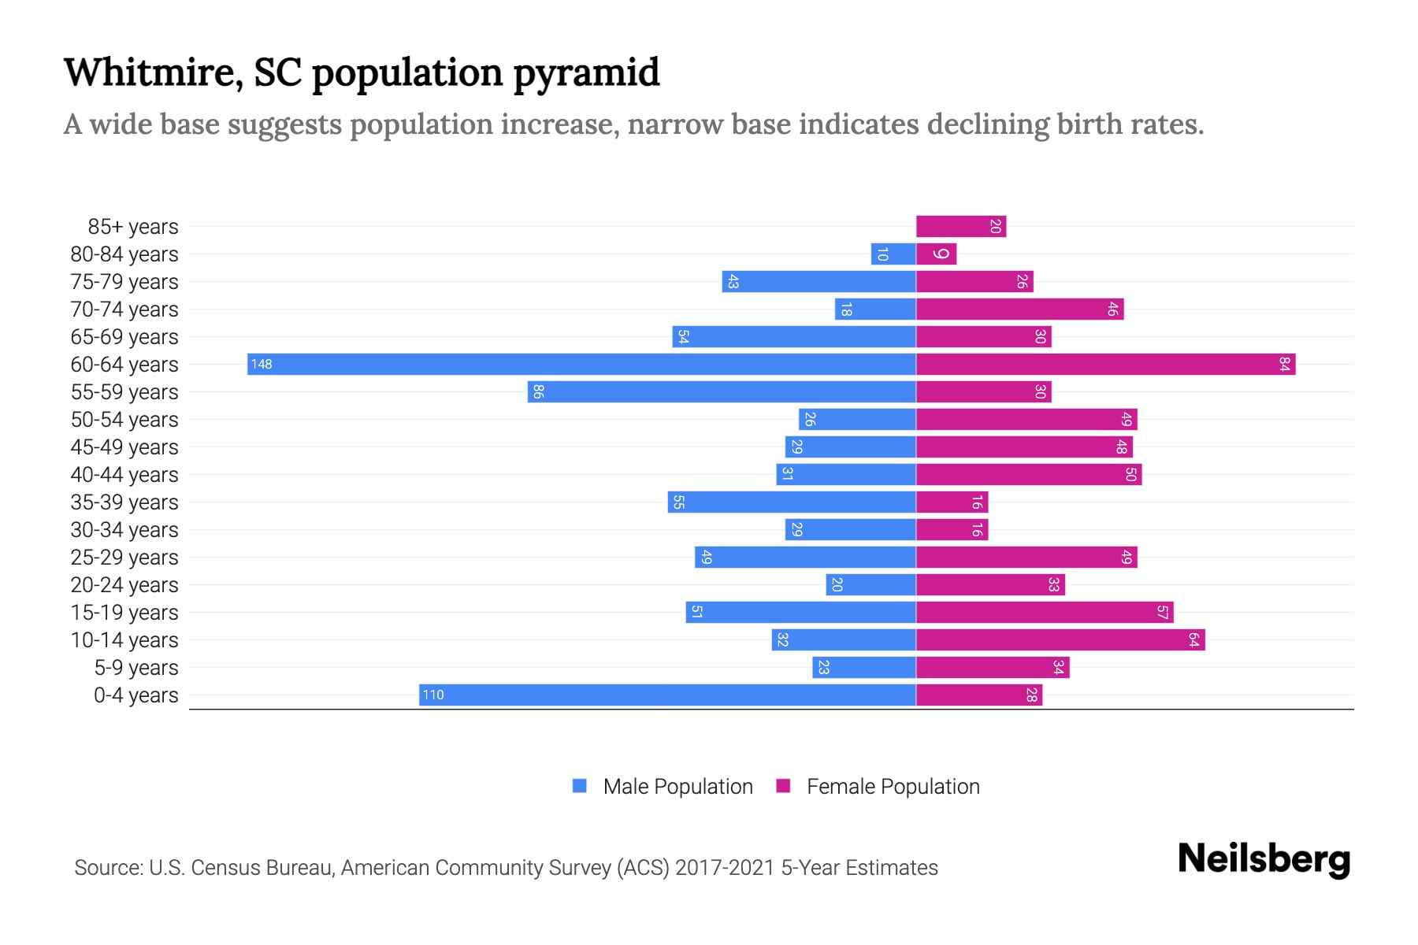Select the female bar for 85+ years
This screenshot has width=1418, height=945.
(x=961, y=227)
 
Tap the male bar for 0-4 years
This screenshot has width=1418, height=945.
(x=667, y=695)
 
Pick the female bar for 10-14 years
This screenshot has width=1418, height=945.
(x=1060, y=639)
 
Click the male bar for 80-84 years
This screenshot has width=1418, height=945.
(x=893, y=254)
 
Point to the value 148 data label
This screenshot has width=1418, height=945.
(x=262, y=365)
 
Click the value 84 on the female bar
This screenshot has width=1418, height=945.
(x=1285, y=364)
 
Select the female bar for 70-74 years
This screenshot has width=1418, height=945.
(x=1019, y=309)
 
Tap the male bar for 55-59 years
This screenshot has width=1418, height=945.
(x=722, y=391)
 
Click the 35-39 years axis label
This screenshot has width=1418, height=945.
(x=124, y=502)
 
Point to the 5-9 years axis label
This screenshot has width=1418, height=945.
(x=136, y=668)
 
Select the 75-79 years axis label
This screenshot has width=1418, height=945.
(x=124, y=282)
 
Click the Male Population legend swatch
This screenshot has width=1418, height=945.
(x=580, y=786)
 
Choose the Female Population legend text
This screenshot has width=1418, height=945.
(x=893, y=786)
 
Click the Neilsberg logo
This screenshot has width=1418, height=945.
(x=1264, y=859)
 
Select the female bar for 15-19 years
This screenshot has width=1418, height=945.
(x=1045, y=612)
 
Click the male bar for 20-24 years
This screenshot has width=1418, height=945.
(x=870, y=584)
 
